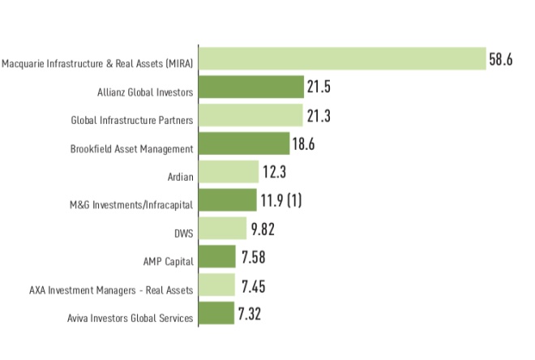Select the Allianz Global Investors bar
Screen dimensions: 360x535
[250, 88]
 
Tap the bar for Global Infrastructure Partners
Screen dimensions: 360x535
[250, 116]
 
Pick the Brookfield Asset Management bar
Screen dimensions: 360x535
[244, 144]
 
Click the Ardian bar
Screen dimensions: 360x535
[229, 172]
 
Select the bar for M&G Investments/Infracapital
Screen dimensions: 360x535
[228, 200]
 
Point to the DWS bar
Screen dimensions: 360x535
[222, 229]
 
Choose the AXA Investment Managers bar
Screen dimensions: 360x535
[216, 285]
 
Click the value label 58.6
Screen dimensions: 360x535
[501, 59]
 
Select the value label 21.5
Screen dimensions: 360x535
[319, 88]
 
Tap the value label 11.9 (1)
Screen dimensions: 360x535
[282, 200]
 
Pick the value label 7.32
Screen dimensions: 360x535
[250, 314]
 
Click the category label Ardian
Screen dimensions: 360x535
[179, 173]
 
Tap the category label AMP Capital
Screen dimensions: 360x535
[168, 261]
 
